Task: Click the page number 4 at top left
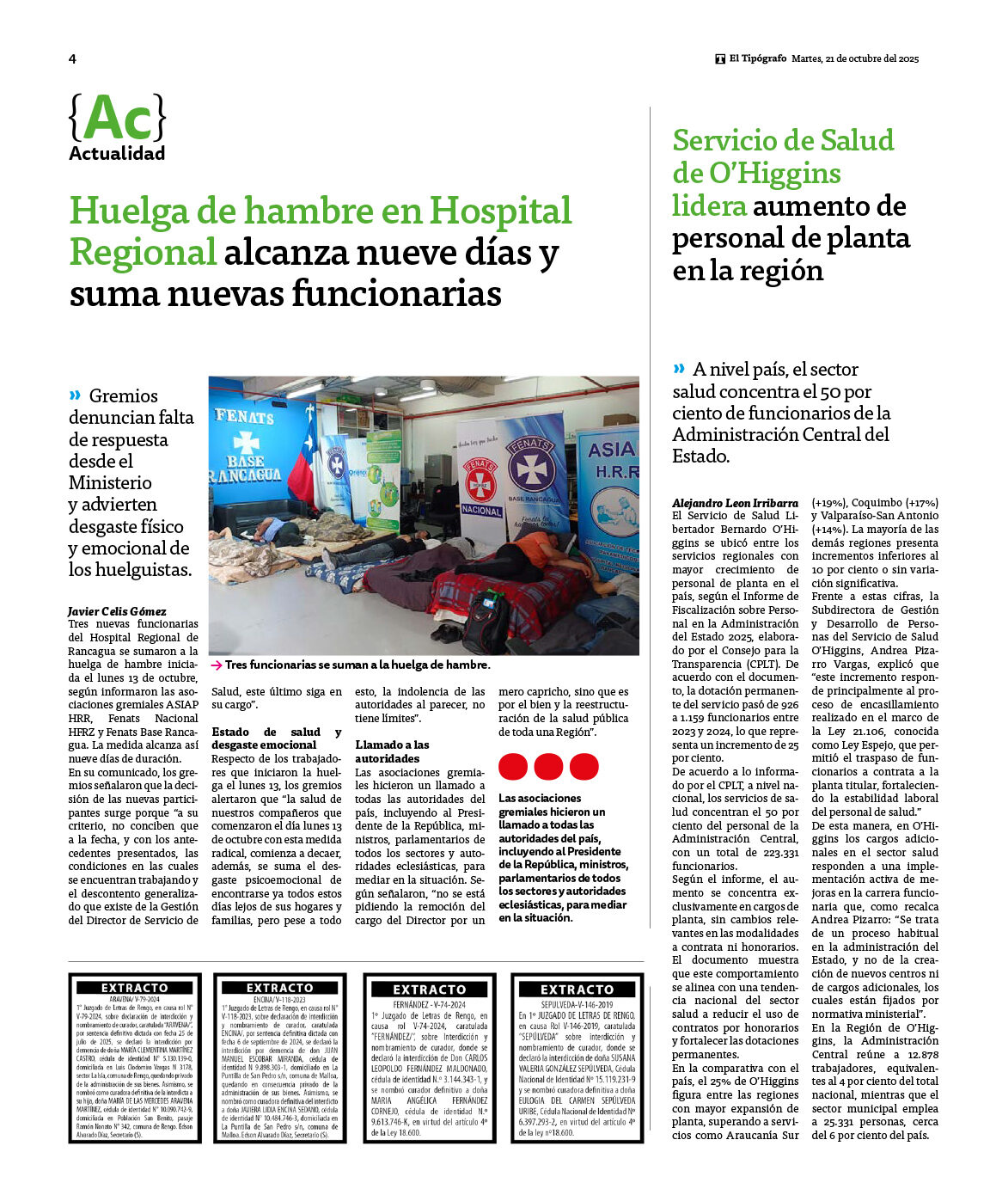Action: pos(72,58)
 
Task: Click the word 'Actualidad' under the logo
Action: pos(117,154)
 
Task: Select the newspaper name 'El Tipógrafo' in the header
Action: pos(757,58)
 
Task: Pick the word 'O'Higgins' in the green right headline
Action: pos(756,174)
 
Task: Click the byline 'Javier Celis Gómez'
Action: pos(117,611)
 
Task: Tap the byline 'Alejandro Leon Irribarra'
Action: pos(735,503)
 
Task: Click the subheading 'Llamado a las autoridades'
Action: pos(392,751)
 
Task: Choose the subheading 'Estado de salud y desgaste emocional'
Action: pos(276,738)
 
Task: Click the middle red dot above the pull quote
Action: pos(548,766)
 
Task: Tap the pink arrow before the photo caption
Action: pos(217,665)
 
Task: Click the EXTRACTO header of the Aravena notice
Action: pos(135,988)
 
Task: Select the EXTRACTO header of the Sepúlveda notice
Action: pos(577,990)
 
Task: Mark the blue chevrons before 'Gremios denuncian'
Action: pos(76,395)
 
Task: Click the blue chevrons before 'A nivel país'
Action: pos(680,369)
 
